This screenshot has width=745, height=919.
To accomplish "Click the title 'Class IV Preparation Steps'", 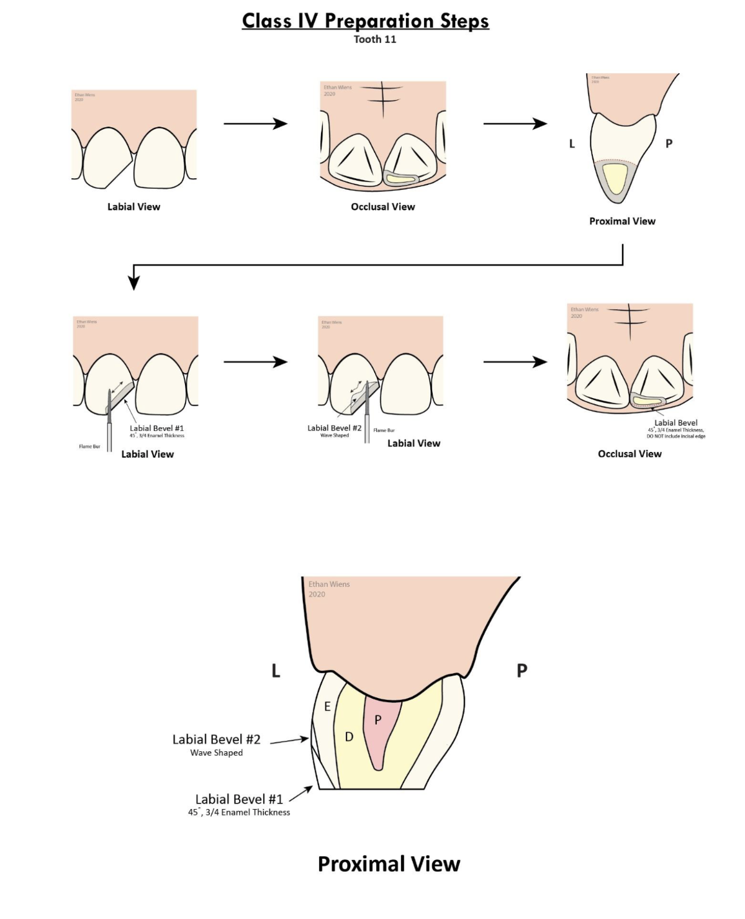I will (365, 20).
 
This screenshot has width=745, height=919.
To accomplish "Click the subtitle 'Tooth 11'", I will (374, 39).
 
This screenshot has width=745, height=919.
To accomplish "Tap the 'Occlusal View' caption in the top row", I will (382, 207).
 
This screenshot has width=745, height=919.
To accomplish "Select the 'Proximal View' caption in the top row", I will (622, 221).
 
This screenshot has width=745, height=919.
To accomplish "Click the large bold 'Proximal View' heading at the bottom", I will (389, 864).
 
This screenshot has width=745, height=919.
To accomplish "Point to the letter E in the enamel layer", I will (327, 707).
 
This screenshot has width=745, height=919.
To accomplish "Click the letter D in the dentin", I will (349, 737).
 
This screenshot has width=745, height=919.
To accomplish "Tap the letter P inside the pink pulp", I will (377, 720).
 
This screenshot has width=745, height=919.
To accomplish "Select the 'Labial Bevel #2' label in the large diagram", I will (216, 740).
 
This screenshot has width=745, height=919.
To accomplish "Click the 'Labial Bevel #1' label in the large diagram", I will (239, 799).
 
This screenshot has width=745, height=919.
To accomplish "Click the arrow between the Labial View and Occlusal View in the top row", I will (255, 124).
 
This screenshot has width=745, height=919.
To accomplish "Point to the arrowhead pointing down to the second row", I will (133, 283).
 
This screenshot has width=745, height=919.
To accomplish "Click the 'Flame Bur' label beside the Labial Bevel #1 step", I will (89, 446).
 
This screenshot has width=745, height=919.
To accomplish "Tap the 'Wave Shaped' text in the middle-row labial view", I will (334, 435).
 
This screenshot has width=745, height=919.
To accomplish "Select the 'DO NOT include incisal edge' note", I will (675, 436).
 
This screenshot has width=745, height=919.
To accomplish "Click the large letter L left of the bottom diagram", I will (276, 671).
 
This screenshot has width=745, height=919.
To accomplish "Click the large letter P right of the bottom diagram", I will (521, 671).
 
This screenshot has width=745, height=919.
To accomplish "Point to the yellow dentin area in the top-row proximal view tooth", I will (615, 179).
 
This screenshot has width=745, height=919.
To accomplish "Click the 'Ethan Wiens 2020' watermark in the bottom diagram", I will (329, 589).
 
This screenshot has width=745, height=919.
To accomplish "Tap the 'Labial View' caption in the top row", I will (133, 207).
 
